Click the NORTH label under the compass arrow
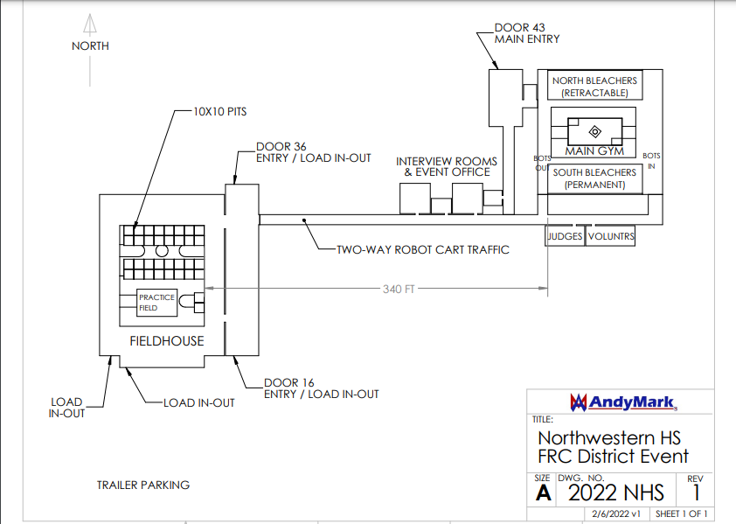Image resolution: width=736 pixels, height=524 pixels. coord(90,46)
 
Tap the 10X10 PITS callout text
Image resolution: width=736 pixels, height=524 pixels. coord(219,112)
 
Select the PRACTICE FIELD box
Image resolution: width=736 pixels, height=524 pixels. coord(156,303)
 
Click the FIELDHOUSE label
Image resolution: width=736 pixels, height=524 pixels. coord(167,341)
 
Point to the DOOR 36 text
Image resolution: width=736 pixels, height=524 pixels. coord(281,147)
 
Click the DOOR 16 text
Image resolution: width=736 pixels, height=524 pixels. coord(288,383)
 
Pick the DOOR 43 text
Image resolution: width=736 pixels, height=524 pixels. coord(519,28)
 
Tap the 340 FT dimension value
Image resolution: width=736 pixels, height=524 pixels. coord(399,289)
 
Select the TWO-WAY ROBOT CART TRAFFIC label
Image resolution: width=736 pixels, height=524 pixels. coord(423,250)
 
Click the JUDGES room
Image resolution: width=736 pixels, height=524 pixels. coord(566,236)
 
